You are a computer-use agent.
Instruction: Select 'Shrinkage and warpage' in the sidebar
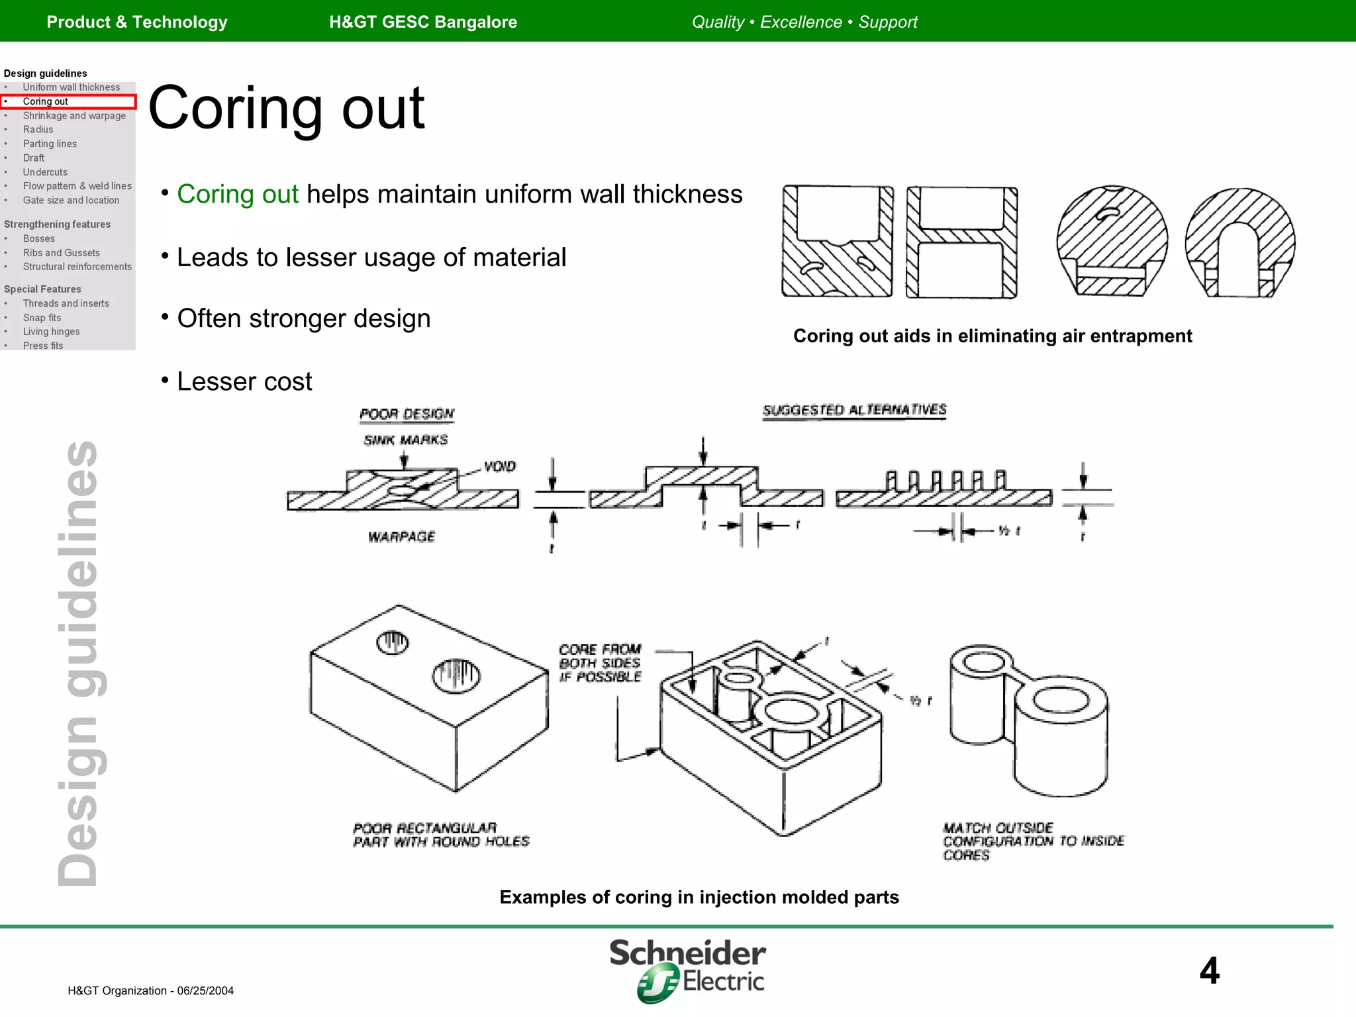(x=74, y=116)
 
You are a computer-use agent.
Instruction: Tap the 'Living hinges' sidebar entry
(x=51, y=332)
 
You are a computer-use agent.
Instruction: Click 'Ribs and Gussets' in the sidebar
(x=61, y=253)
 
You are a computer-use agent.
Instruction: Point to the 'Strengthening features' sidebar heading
(x=57, y=224)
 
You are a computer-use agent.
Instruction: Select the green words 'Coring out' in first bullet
(x=238, y=195)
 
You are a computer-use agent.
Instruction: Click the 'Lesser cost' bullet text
(x=244, y=382)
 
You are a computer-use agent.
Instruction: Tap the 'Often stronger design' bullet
(x=303, y=319)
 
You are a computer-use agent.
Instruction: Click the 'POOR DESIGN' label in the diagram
(x=407, y=414)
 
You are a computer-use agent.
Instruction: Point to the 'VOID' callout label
(x=499, y=467)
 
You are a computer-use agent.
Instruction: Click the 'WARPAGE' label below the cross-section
(x=401, y=537)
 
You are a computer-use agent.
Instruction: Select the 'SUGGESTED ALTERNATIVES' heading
(x=854, y=411)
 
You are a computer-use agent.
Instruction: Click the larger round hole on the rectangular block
(x=456, y=676)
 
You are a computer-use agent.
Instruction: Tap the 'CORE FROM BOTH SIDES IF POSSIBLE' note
(x=600, y=663)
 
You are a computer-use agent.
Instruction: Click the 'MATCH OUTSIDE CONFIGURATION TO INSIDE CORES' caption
(x=1032, y=842)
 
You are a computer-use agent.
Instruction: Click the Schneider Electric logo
(x=687, y=969)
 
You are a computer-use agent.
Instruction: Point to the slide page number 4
(x=1209, y=971)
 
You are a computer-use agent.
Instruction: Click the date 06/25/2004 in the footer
(x=205, y=991)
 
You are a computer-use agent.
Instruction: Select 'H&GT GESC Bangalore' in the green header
(x=423, y=22)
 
